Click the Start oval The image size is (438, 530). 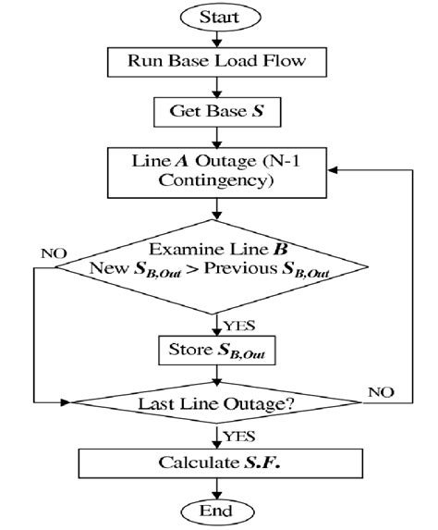click(x=219, y=18)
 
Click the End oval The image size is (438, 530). click(x=219, y=510)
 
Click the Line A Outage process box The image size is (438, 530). click(x=219, y=171)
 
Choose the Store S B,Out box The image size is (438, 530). click(x=219, y=351)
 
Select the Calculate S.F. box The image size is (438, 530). click(x=219, y=462)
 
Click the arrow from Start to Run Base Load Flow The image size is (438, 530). click(x=219, y=39)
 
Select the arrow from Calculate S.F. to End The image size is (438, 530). click(x=219, y=487)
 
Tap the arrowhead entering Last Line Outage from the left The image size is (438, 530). click(x=67, y=401)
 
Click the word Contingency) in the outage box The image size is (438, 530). click(x=219, y=182)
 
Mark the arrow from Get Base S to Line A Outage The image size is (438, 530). click(x=219, y=140)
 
